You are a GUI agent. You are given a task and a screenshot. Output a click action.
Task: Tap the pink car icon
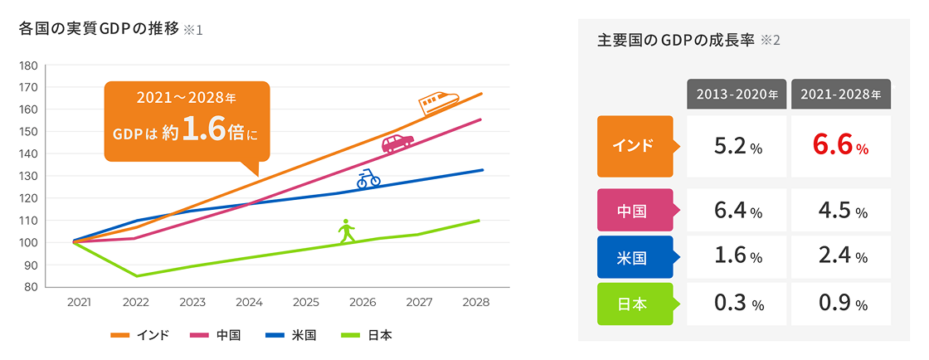(397, 143)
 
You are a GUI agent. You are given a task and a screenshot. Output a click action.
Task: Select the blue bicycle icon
(368, 178)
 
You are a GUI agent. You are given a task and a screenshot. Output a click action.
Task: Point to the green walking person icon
(347, 231)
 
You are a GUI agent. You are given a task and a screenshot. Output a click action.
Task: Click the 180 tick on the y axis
(28, 66)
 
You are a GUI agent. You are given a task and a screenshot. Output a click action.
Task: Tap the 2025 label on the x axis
(306, 303)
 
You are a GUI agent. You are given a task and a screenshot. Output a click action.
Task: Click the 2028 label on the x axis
(477, 303)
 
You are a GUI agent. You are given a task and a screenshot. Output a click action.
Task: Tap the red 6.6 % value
(840, 147)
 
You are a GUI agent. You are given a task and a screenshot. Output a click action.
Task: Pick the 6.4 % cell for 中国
(737, 211)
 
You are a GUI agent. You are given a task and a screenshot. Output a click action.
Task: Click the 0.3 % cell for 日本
(737, 304)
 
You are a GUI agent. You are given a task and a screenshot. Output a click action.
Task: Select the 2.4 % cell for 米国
(840, 257)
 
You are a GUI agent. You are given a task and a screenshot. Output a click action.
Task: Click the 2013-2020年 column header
(737, 95)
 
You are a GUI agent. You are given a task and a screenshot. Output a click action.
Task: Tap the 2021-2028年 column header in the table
(840, 95)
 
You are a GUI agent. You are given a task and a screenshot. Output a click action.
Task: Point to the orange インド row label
(635, 146)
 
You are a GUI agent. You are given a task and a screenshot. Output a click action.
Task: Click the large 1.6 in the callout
(205, 130)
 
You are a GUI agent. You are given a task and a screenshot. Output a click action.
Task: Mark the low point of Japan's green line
(137, 275)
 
